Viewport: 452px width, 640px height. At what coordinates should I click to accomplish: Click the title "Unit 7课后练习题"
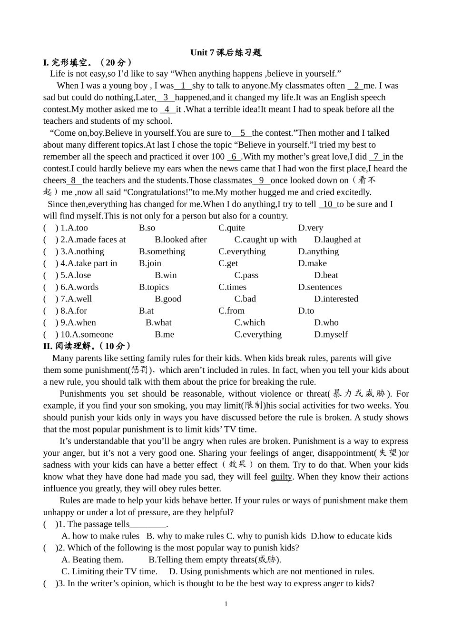click(226, 52)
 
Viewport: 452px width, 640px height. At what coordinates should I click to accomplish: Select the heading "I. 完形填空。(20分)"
click(88, 62)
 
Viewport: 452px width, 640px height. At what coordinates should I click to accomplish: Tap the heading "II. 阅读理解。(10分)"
click(87, 346)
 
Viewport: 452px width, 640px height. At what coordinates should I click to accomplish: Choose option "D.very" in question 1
click(310, 228)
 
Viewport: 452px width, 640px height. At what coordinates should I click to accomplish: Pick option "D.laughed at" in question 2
click(337, 240)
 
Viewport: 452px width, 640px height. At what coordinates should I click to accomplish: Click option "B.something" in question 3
click(162, 251)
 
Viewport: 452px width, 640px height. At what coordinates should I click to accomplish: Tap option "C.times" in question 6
click(232, 287)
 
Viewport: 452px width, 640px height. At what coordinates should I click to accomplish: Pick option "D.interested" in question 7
click(336, 299)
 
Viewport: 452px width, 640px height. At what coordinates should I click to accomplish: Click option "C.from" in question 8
click(231, 311)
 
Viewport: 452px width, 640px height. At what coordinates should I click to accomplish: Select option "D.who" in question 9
click(326, 323)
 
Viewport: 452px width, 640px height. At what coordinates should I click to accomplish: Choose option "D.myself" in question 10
click(331, 335)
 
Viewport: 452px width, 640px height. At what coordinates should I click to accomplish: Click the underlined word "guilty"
click(281, 477)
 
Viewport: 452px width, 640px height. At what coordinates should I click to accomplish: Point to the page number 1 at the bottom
click(226, 604)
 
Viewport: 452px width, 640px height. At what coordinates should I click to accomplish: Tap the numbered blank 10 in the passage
click(328, 204)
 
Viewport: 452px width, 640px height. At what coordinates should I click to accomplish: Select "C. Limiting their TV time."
click(109, 571)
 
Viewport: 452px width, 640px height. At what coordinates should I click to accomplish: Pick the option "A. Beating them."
click(92, 560)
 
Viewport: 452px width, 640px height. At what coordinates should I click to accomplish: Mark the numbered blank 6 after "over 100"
click(234, 157)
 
